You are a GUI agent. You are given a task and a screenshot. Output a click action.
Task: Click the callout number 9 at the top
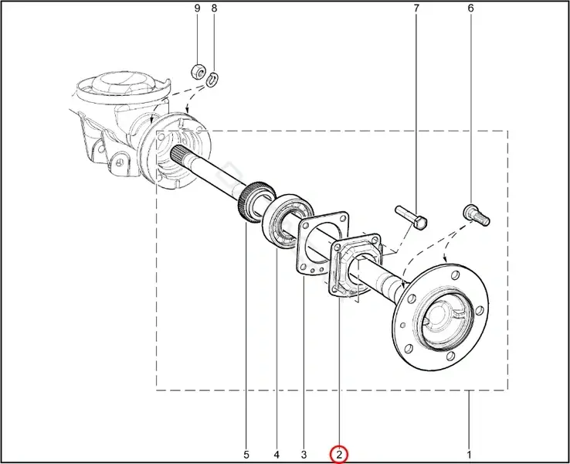tap(198, 9)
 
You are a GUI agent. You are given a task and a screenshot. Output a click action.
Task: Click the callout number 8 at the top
tap(214, 9)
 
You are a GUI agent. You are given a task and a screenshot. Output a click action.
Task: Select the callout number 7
tap(416, 9)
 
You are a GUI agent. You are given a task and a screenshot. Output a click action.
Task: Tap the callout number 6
tap(471, 9)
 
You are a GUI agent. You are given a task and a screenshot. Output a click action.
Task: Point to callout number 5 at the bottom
tap(246, 455)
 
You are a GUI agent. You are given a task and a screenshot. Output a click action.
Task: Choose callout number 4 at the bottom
tap(277, 455)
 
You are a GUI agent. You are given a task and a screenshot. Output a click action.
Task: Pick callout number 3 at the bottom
tap(304, 455)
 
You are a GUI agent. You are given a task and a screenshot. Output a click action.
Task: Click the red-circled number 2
tap(339, 455)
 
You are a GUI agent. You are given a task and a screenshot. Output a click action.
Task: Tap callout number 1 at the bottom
tap(469, 455)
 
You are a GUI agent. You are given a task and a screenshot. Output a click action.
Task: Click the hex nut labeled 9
tap(198, 70)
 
